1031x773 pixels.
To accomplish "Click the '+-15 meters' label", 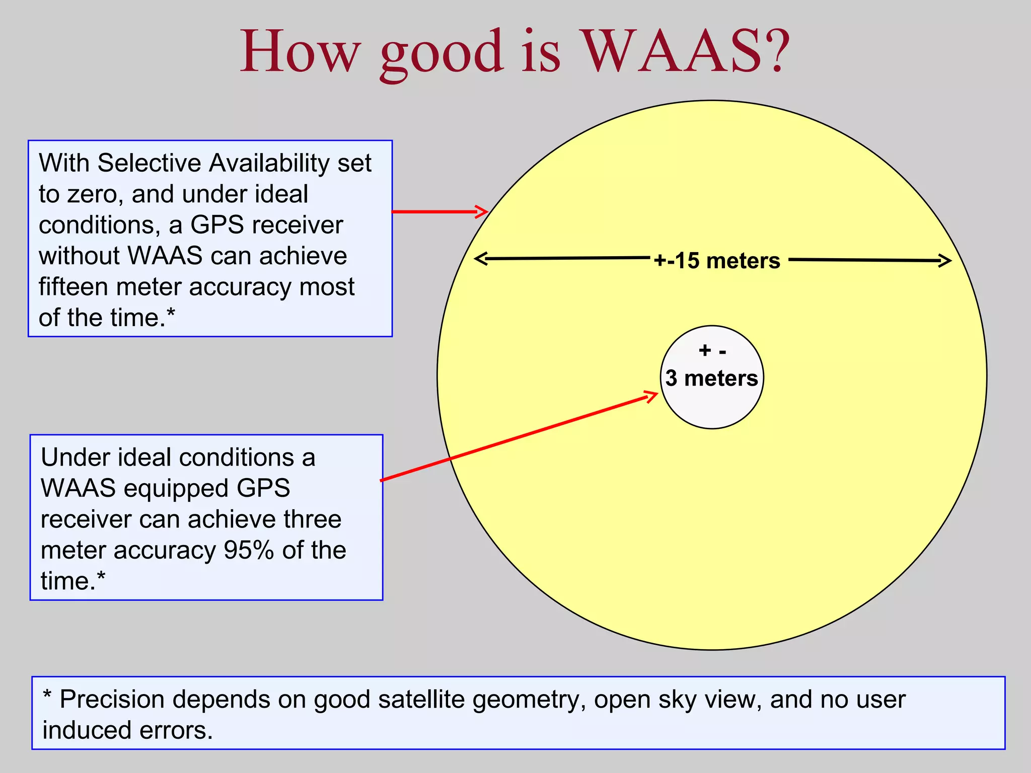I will click(x=717, y=261).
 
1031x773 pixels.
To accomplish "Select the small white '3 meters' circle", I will click(x=712, y=403).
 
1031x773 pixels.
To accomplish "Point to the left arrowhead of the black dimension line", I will click(x=481, y=259).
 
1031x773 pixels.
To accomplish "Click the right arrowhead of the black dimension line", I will click(x=945, y=260).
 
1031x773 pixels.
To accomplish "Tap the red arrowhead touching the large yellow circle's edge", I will click(x=482, y=211).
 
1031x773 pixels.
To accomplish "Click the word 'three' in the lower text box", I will click(x=313, y=519).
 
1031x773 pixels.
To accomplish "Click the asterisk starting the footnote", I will click(x=47, y=695).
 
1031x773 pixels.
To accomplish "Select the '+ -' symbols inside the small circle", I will click(x=712, y=351).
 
